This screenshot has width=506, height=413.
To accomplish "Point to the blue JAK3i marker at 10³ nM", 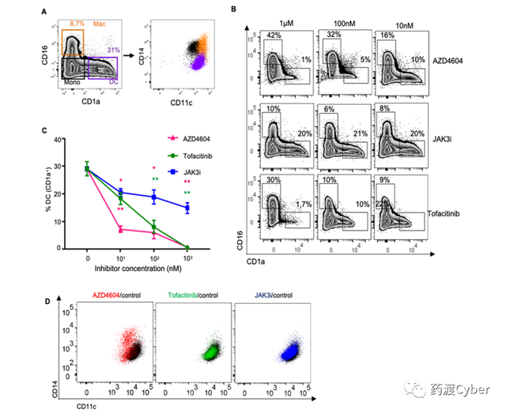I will pyautogui.click(x=188, y=208).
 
